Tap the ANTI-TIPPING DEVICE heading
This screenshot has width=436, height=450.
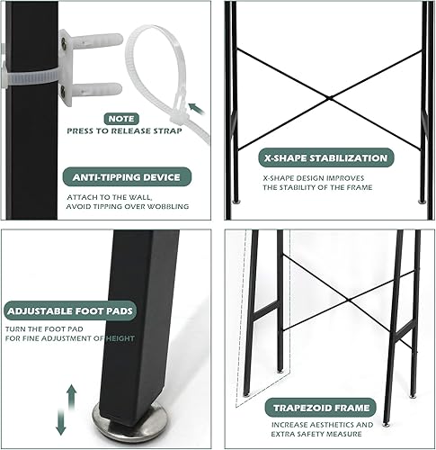pyautogui.click(x=126, y=176)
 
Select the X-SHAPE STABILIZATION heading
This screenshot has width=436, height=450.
pyautogui.click(x=325, y=158)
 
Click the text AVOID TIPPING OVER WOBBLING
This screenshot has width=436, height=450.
pyautogui.click(x=126, y=206)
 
